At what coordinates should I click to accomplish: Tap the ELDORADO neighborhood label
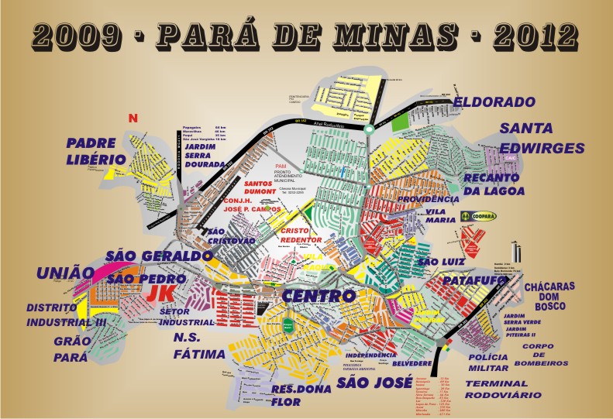point(494,102)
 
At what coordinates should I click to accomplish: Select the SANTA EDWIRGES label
point(537,138)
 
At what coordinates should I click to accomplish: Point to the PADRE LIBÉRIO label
point(95,152)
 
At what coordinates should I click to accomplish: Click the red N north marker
point(133,118)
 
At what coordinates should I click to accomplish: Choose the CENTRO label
point(319,296)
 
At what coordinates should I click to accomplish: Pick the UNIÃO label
point(65,273)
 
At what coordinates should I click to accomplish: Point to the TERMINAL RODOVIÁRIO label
point(497,389)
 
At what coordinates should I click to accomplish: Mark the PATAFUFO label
point(475,279)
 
